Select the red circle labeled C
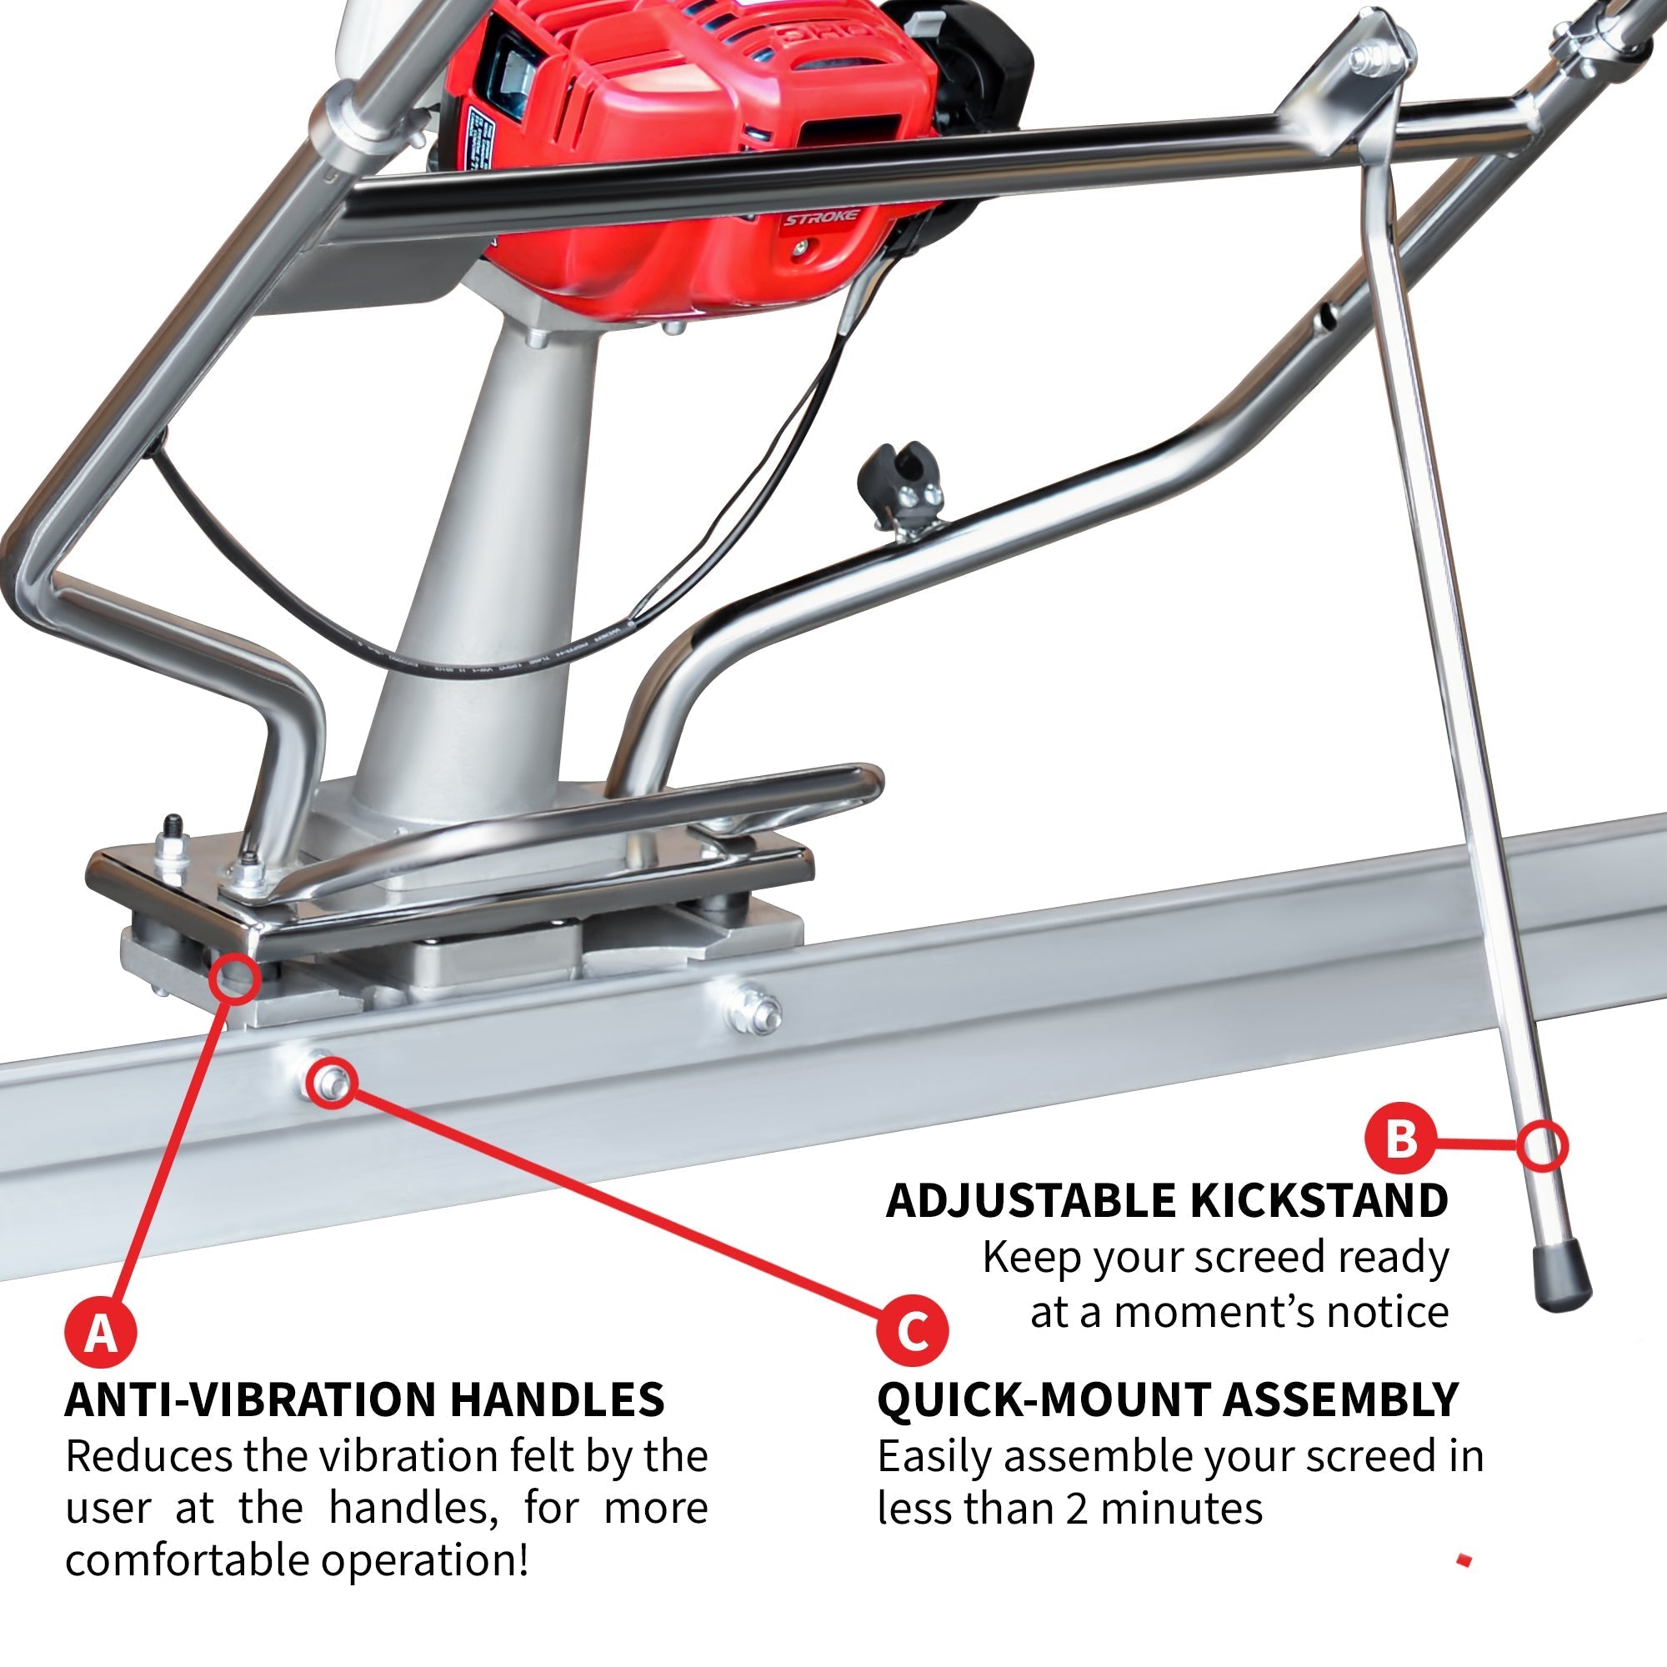point(912,1329)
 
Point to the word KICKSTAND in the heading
point(1319,1200)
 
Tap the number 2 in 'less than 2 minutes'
point(1076,1509)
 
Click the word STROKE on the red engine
point(820,218)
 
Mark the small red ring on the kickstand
point(1542,1147)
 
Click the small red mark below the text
point(1464,1560)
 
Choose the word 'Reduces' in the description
point(148,1456)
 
